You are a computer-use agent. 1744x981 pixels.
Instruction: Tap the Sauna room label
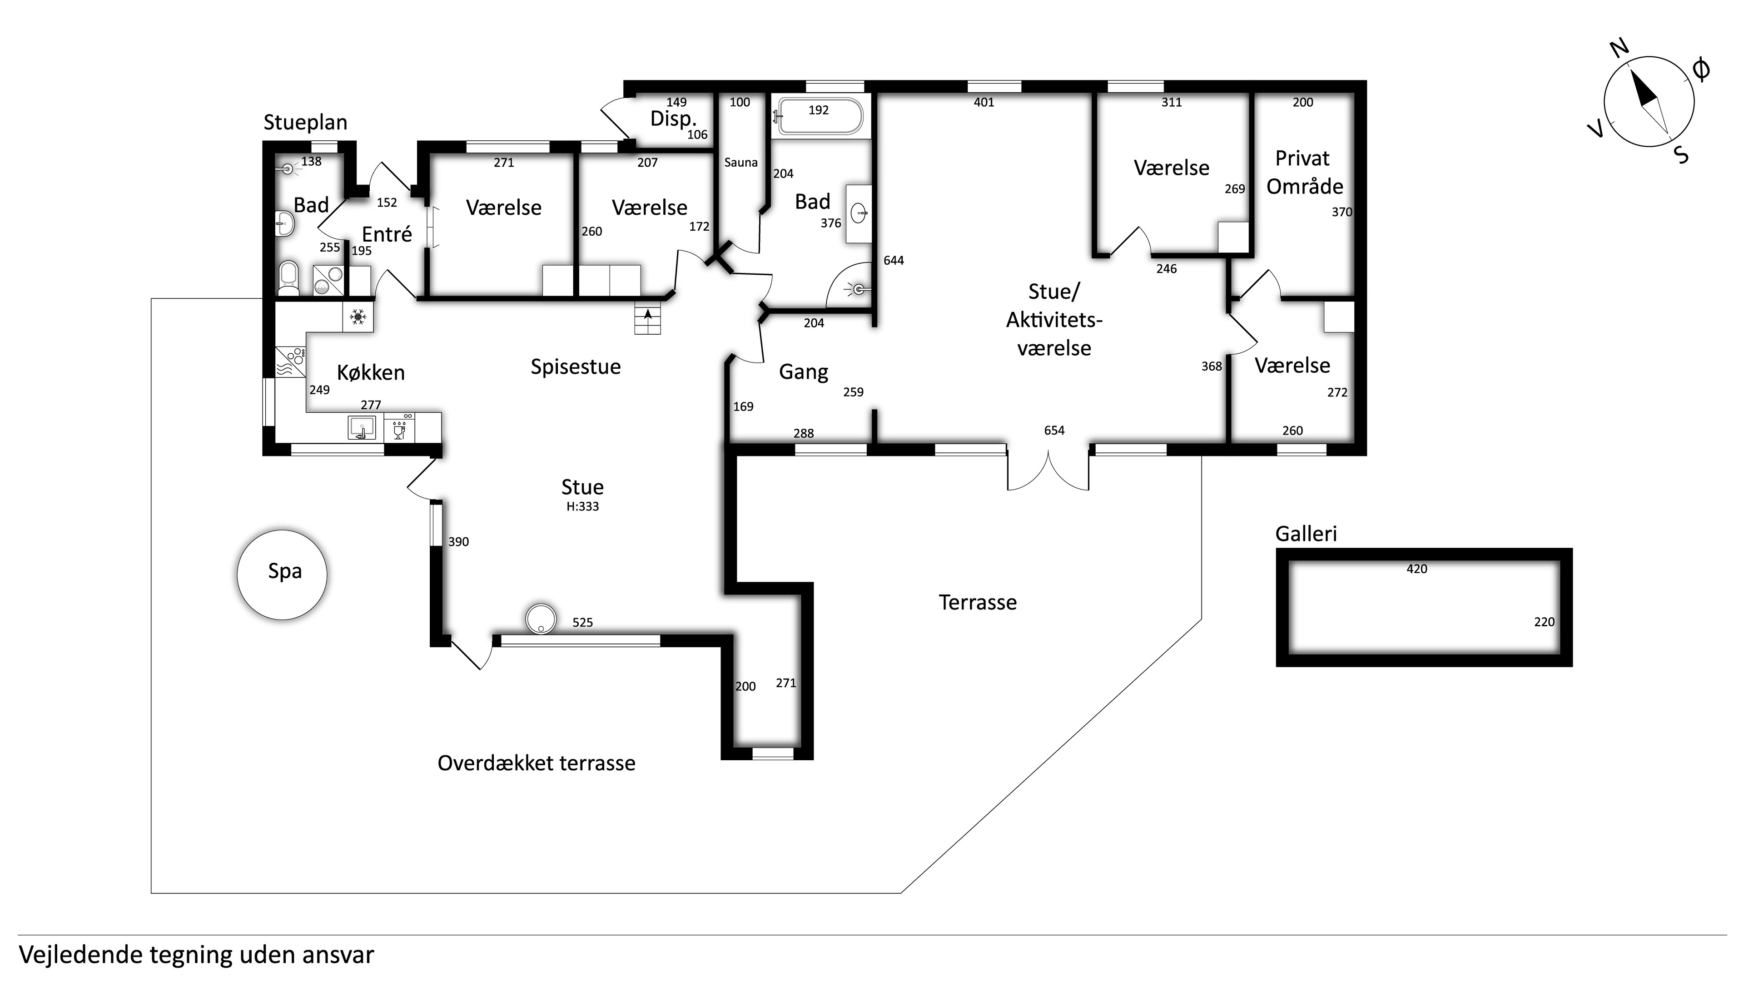740,163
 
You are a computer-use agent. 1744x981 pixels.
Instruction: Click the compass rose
1649,102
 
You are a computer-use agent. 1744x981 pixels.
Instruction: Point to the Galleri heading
1306,534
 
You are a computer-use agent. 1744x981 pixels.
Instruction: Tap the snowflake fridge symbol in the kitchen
358,316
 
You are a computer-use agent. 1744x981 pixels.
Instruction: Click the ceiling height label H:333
583,506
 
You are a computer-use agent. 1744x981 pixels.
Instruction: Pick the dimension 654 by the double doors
1054,431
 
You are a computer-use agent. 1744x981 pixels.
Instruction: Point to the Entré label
387,234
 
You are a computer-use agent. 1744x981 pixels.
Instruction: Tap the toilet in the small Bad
289,278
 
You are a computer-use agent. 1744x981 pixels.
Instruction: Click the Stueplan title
305,123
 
